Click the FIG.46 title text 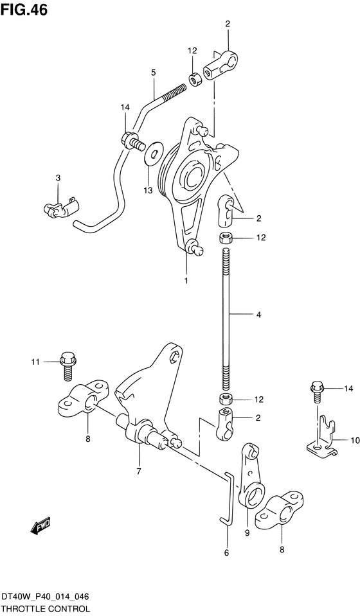coord(24,10)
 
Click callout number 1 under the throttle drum coord(186,281)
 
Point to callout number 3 coord(58,178)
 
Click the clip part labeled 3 coord(61,207)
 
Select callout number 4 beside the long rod coord(258,314)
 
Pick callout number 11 coord(35,362)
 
